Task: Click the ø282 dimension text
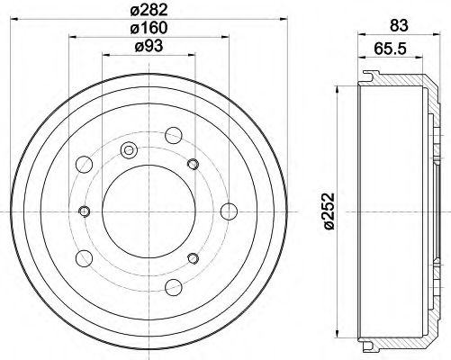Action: pos(149,11)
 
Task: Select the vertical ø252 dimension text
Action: pos(326,211)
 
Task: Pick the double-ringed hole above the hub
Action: pos(128,149)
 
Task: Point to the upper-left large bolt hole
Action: pos(87,165)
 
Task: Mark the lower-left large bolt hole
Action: pos(87,257)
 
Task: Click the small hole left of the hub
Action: pos(85,211)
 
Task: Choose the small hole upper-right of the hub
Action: pos(192,164)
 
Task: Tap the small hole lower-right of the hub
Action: pos(192,260)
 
